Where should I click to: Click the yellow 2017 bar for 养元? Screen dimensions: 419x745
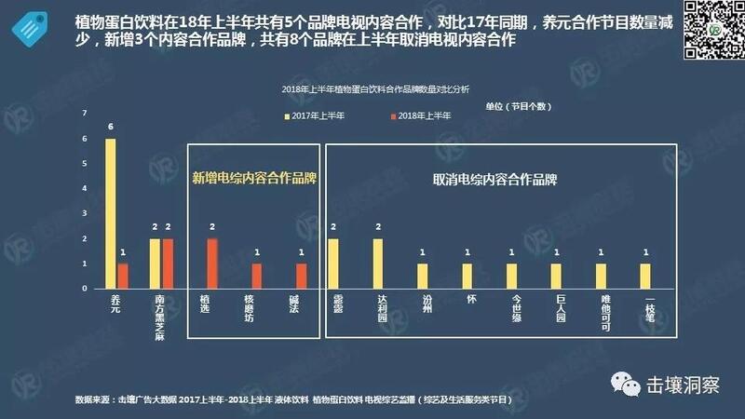coord(111,213)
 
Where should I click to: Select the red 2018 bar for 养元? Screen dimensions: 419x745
coord(123,276)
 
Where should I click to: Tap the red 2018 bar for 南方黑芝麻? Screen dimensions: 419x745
coord(169,264)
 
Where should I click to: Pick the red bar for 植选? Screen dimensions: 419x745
coord(212,264)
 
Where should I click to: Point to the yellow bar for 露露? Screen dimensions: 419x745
coord(333,264)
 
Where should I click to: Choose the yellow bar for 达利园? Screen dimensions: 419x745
coord(378,264)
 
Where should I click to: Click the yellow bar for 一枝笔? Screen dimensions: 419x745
coord(645,276)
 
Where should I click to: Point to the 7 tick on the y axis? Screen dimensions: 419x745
coord(85,114)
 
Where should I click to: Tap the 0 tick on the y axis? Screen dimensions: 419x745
coord(85,289)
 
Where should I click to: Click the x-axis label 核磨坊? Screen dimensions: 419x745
coord(249,308)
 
